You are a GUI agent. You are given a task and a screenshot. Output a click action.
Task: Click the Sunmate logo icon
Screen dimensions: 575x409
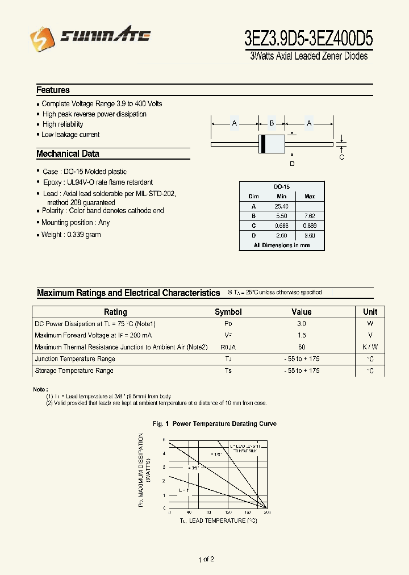39,37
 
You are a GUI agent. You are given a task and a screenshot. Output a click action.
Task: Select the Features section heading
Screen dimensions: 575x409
53,90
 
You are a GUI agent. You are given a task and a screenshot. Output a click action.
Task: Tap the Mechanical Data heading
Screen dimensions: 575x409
68,153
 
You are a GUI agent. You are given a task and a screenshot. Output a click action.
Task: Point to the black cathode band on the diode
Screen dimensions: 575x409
262,144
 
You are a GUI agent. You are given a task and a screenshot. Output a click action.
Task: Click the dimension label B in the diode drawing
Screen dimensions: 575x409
272,123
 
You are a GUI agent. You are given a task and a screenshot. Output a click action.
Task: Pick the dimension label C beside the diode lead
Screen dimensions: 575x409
341,157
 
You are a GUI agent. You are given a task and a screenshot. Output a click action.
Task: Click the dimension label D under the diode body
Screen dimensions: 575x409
292,164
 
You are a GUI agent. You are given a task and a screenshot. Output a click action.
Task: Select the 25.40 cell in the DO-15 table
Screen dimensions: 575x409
281,206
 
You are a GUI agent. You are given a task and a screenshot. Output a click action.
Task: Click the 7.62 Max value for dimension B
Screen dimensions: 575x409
310,216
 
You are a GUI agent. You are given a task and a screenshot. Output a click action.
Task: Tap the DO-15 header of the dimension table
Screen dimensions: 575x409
281,186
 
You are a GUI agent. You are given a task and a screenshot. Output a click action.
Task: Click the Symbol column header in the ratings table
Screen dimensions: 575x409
228,312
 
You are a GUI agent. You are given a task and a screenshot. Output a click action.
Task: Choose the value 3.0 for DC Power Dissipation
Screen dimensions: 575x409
301,323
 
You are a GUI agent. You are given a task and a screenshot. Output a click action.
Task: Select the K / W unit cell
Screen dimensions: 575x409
370,347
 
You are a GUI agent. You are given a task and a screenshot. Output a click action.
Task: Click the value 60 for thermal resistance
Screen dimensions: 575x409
301,347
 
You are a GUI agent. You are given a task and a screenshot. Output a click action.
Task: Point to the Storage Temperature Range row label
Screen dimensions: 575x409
74,370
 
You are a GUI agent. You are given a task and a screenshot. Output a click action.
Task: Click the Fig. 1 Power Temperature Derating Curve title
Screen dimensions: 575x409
215,424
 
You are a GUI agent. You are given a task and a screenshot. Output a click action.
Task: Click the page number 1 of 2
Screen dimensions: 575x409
206,560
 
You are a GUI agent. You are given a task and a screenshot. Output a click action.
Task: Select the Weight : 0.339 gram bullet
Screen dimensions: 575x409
70,235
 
